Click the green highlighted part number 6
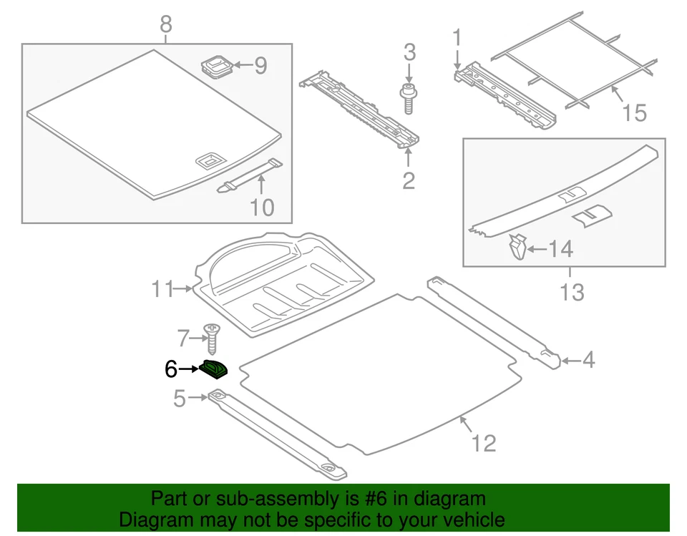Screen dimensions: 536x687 [x=213, y=368]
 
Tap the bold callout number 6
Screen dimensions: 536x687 [x=170, y=369]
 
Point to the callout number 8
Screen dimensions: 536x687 [x=165, y=25]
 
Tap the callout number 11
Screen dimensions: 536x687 [x=162, y=289]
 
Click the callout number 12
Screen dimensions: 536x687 [x=484, y=443]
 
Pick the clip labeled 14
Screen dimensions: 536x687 [x=517, y=248]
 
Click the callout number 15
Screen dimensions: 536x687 [x=635, y=112]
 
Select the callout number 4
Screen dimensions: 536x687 [x=588, y=361]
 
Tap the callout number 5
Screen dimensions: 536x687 [x=180, y=398]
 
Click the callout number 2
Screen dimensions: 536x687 [x=408, y=180]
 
